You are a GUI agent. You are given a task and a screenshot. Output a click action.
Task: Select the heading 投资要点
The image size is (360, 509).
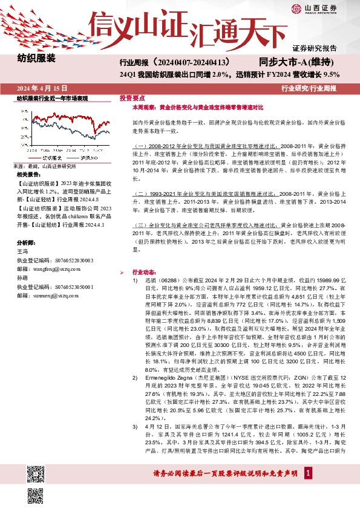[131, 97]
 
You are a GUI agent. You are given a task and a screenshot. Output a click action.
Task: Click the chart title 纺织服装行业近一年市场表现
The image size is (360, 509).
[53, 98]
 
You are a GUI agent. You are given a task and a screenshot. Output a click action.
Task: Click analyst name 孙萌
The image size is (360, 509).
[22, 280]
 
